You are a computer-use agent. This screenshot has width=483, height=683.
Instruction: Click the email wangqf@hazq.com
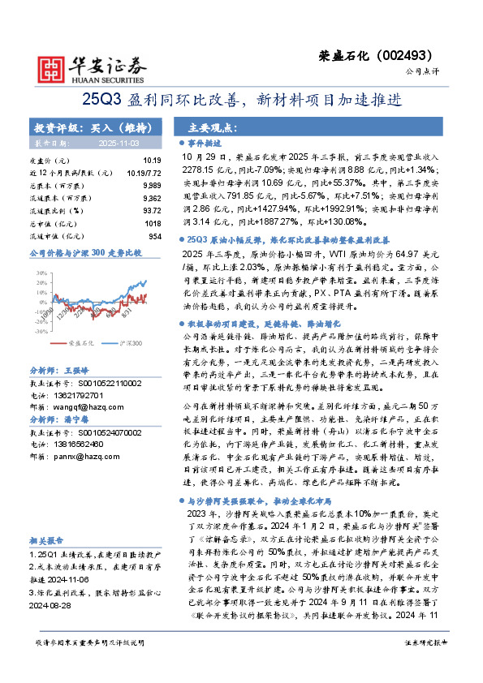pos(95,403)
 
